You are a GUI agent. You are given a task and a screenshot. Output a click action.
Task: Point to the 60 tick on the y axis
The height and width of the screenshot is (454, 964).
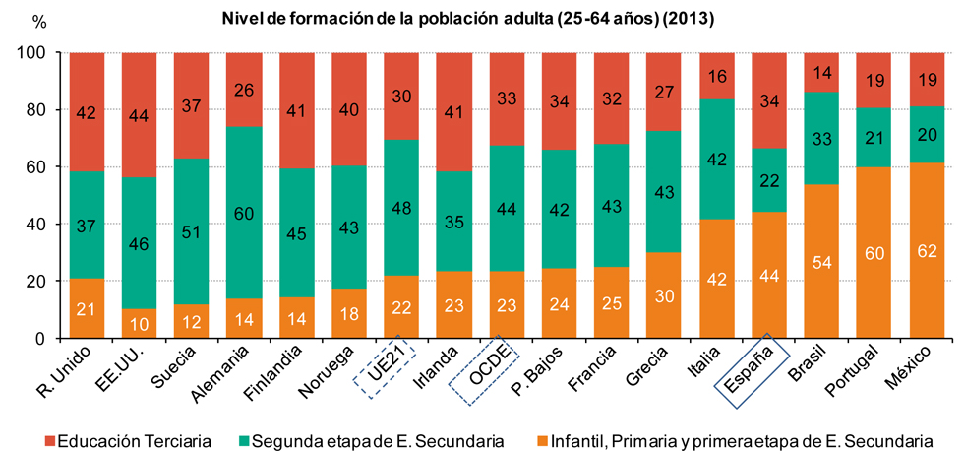click(34, 167)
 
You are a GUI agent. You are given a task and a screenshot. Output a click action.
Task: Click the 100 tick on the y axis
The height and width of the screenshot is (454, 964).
click(31, 53)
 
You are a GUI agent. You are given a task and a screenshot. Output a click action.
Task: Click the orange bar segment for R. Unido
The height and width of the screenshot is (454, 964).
click(88, 309)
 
